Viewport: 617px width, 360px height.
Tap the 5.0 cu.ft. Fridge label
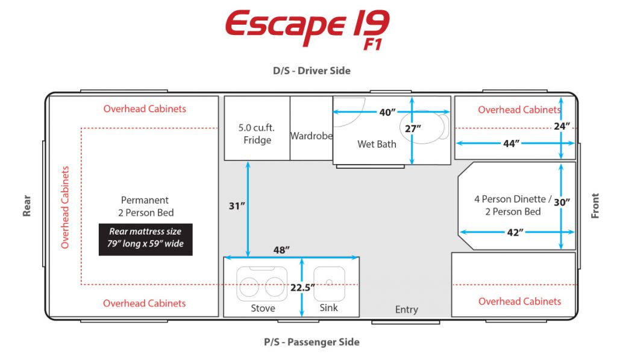point(257,134)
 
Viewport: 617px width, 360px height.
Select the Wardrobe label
point(312,136)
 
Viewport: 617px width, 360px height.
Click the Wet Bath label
point(377,144)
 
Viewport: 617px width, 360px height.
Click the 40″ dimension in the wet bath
point(387,112)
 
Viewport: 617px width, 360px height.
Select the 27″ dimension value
point(413,129)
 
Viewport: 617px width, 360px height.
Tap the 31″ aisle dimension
point(237,206)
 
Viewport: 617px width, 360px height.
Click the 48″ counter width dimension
point(282,250)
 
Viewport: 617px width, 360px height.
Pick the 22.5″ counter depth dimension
point(302,288)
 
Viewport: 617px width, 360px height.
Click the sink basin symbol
point(330,283)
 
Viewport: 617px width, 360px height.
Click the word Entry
point(407,309)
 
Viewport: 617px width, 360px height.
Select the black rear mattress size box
point(146,239)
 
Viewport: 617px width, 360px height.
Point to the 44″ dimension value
point(511,144)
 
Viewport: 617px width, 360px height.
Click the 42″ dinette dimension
point(515,232)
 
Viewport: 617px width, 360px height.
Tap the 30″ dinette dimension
point(562,202)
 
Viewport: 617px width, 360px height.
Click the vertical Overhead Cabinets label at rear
point(65,207)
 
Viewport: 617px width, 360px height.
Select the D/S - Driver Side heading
point(312,71)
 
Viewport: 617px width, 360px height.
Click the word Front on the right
point(595,206)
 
